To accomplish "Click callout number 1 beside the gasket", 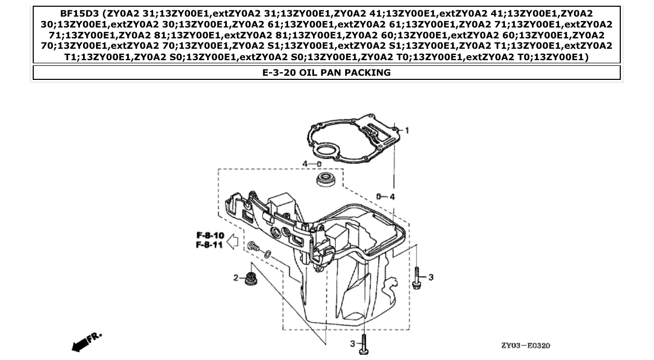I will coord(407,130).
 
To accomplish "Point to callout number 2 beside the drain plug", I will coord(236,278).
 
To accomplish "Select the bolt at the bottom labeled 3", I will coord(364,343).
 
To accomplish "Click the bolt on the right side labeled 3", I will coord(416,277).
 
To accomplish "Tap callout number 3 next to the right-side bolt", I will coord(431,278).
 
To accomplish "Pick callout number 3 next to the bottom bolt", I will coord(352,343).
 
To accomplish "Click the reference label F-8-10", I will coord(210,236).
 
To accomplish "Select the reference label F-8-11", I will coord(210,245).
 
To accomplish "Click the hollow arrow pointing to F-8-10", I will coord(233,240).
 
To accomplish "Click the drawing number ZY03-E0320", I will coord(525,345).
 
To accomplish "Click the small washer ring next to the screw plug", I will coord(267,254).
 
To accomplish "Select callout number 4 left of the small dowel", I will coord(306,164).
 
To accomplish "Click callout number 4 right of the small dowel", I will coord(392,197).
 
